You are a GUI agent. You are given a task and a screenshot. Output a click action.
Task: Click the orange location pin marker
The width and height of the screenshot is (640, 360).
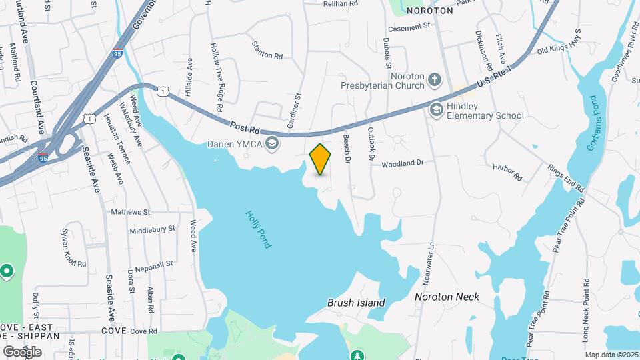click(x=321, y=159)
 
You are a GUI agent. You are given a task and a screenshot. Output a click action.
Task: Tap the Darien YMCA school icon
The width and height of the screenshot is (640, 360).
click(x=272, y=142)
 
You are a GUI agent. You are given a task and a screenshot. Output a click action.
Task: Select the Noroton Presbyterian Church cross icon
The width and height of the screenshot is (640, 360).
click(x=435, y=81)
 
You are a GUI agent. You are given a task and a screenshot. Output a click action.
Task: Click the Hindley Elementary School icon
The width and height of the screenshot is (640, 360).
click(x=436, y=109)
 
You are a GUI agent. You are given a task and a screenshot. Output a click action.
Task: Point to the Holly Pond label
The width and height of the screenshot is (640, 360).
click(x=259, y=229)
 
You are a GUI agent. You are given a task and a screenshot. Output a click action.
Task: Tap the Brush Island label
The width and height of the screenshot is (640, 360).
click(x=356, y=303)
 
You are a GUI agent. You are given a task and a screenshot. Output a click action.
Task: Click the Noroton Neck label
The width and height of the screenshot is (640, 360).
click(x=447, y=297)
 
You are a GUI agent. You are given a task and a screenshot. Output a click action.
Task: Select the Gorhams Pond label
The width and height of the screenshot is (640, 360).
click(x=591, y=123)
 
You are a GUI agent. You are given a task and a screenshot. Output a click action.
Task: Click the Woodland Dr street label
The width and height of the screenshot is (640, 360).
click(x=403, y=163)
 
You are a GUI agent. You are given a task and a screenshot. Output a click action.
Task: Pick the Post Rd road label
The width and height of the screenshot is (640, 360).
click(x=246, y=127)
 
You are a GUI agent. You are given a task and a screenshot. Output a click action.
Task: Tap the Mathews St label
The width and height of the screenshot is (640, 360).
click(x=131, y=212)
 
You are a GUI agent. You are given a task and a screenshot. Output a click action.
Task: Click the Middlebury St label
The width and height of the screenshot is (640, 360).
click(x=152, y=228)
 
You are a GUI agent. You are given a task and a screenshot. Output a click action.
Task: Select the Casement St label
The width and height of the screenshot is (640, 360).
click(x=410, y=27)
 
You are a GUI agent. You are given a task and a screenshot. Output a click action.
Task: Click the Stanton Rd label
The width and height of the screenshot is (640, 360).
click(x=267, y=50)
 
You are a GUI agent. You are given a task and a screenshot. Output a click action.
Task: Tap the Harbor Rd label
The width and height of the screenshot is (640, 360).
click(x=507, y=173)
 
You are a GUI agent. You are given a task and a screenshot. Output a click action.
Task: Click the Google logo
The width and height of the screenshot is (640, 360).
click(x=22, y=351)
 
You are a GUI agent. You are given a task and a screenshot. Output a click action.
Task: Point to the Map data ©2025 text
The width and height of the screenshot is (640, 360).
click(x=612, y=355)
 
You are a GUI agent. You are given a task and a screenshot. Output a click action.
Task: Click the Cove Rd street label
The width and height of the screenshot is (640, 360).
click(x=143, y=331)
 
